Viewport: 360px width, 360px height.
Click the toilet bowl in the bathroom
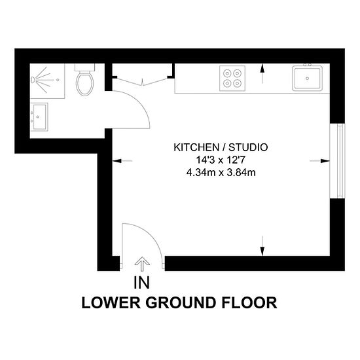(84, 83)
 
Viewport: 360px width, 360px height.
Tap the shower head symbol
(33, 80)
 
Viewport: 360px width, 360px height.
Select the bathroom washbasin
(39, 117)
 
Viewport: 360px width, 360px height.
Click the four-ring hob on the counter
(232, 79)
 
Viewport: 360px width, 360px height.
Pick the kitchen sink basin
(307, 78)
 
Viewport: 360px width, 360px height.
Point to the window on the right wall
(337, 161)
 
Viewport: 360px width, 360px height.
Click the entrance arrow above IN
(142, 264)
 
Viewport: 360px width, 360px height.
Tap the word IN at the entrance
(141, 282)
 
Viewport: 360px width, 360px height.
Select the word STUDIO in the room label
(248, 147)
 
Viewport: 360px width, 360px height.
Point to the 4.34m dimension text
(200, 172)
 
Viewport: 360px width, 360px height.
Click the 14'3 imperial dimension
(205, 160)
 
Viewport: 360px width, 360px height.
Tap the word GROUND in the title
(181, 302)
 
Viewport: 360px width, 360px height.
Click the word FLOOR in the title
(249, 302)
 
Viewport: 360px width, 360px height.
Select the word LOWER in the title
(111, 302)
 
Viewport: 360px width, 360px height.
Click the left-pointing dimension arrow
(122, 161)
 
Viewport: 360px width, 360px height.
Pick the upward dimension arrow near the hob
(262, 73)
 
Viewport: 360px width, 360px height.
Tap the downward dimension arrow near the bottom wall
(262, 245)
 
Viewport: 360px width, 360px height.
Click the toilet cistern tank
(84, 67)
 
